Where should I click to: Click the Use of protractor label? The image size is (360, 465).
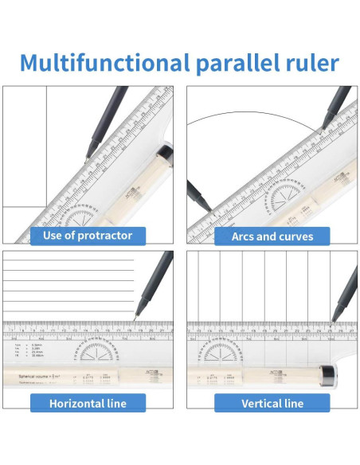point(88,235)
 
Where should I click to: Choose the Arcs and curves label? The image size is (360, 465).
point(272,236)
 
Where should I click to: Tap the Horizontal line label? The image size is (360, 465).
point(88,403)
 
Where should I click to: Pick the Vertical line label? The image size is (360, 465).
point(272,403)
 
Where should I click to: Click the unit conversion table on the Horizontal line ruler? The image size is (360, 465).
point(28,350)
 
